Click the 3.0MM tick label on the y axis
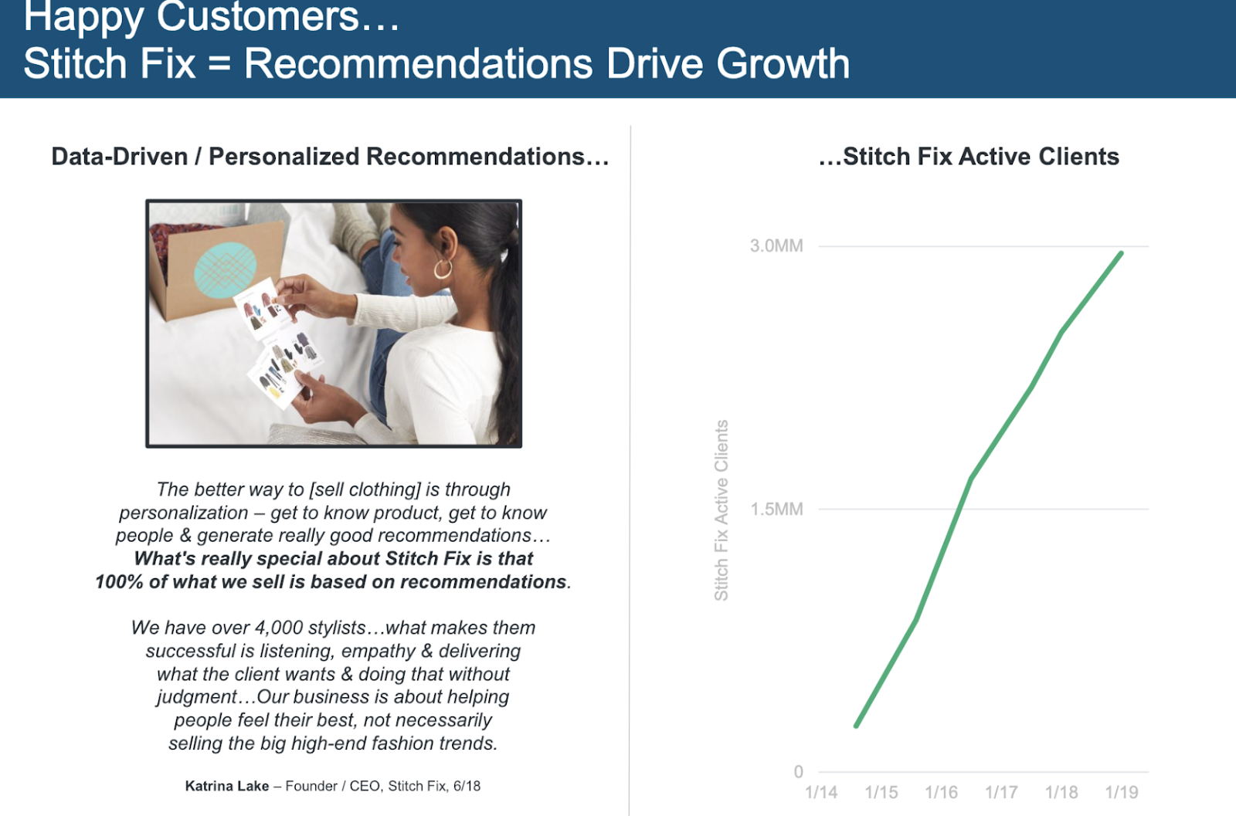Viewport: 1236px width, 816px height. click(x=776, y=245)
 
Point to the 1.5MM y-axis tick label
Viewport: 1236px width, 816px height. click(x=776, y=509)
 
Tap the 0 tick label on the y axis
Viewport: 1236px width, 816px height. click(x=798, y=772)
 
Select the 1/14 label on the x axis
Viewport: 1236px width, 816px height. click(x=821, y=792)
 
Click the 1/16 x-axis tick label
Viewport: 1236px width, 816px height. click(x=941, y=792)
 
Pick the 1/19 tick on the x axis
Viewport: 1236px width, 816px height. click(x=1121, y=792)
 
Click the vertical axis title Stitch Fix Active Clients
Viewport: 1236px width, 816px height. click(x=722, y=510)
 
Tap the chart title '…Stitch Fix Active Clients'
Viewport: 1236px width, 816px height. click(x=969, y=157)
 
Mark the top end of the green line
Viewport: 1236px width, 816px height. click(x=1122, y=253)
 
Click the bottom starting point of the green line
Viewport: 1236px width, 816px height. click(x=857, y=726)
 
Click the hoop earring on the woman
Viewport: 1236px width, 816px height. click(x=443, y=269)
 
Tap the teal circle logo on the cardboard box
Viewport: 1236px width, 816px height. click(x=225, y=270)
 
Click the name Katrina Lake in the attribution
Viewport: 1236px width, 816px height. click(x=227, y=786)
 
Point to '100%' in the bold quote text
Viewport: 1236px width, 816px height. click(x=119, y=581)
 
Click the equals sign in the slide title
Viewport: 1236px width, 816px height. click(x=219, y=64)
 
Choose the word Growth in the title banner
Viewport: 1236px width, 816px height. click(x=783, y=63)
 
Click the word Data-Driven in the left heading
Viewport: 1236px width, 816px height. click(x=120, y=157)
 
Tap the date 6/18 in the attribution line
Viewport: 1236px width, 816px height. click(x=467, y=786)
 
